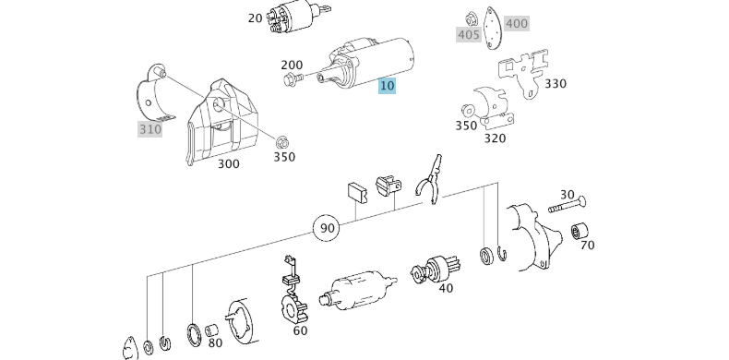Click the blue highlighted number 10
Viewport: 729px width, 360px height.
(387, 86)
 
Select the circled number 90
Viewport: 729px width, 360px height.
(327, 228)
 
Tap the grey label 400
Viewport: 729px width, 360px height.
(517, 23)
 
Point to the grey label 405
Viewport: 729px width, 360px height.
(468, 35)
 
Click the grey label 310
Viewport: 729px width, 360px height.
(150, 129)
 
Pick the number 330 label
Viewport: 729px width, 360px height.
(556, 84)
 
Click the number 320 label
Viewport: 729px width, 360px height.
(495, 138)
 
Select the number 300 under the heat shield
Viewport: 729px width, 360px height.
(229, 163)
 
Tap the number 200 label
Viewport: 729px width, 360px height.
(292, 66)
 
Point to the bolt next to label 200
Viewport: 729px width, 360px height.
(293, 79)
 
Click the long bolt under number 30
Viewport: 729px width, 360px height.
(568, 206)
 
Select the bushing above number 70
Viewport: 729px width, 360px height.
(580, 231)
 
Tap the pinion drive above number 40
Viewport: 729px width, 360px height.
(436, 269)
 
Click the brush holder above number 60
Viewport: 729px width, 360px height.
(293, 292)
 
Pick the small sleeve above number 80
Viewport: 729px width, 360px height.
(211, 330)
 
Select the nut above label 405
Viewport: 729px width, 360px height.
(472, 19)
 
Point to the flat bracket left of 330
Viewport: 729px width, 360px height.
(523, 72)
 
